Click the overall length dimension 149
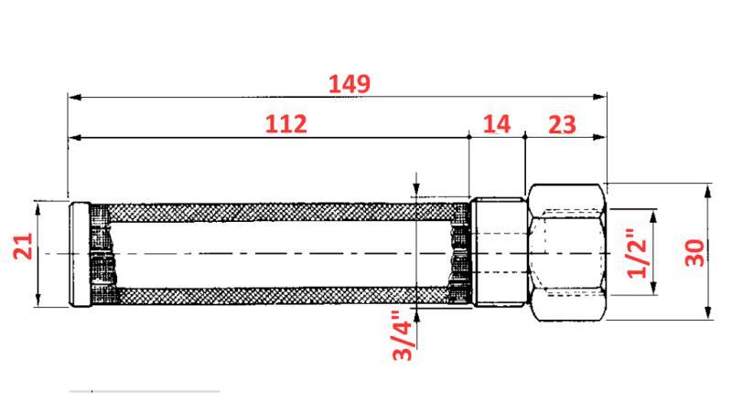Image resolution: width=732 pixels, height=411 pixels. [349, 84]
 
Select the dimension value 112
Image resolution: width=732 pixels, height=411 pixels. [285, 124]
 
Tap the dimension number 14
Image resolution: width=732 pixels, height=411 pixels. [497, 124]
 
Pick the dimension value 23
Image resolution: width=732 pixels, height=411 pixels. [562, 124]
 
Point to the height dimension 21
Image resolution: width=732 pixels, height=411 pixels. [23, 247]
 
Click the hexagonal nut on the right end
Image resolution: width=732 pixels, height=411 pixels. [567, 252]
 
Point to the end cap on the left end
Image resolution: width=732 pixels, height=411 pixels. [81, 253]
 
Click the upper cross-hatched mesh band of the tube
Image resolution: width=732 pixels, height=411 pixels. [274, 211]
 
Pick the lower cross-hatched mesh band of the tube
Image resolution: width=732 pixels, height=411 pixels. [274, 295]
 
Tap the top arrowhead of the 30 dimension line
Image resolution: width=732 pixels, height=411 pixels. [709, 189]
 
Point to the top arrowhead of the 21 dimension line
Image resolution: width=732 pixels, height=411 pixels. [38, 207]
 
